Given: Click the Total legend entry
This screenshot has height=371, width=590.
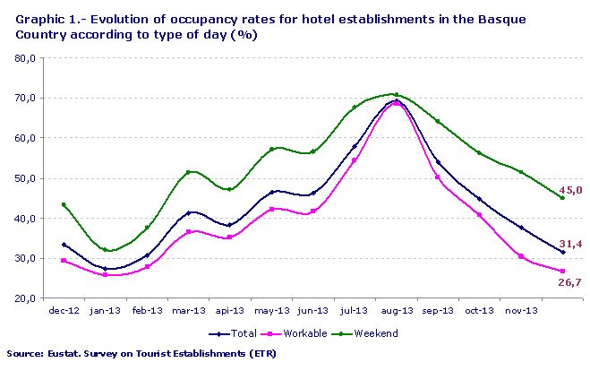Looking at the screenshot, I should (x=235, y=332).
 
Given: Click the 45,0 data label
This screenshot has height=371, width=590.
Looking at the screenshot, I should (x=570, y=190).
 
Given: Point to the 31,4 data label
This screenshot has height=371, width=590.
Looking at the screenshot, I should (x=570, y=245).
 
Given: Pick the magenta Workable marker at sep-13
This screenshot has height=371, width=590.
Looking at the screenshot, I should (x=437, y=177).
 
